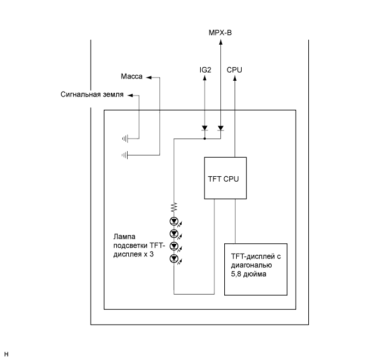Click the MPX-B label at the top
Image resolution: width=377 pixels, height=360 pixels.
pos(220,33)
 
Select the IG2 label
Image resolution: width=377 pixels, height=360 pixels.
pos(205,70)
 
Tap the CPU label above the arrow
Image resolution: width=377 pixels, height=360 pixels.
pos(235,70)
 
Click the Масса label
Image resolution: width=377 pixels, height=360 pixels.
pos(131,77)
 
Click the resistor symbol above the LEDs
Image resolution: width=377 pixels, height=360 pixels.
pos(174,207)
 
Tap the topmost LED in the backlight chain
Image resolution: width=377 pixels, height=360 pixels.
pos(174,221)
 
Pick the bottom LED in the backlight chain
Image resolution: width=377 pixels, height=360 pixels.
pos(174,258)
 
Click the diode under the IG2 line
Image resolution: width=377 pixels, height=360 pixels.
pos(205,129)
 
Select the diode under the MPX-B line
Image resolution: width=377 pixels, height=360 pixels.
pos(220,129)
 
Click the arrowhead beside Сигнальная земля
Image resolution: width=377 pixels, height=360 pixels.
pos(130,95)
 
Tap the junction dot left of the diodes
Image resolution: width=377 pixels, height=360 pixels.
pos(205,139)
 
